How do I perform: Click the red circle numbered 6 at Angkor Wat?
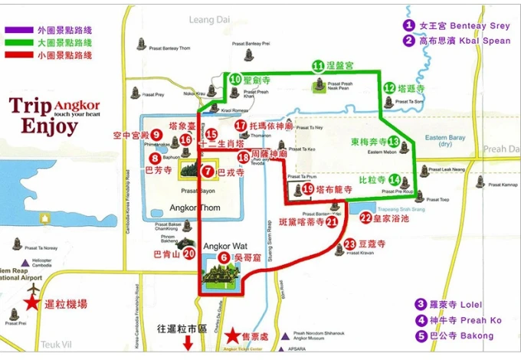pos(224,258)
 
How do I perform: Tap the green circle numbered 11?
pos(318,65)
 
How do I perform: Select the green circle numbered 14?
pos(394,180)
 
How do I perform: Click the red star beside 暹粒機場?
pos(31,303)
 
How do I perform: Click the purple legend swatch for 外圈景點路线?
pos(18,30)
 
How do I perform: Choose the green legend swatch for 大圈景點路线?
pos(18,43)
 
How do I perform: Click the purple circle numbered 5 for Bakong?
pos(421,335)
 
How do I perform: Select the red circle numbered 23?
pos(350,244)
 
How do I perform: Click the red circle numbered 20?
pos(188,254)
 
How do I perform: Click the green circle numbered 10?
pos(236,79)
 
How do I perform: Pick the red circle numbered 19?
pos(308,188)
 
